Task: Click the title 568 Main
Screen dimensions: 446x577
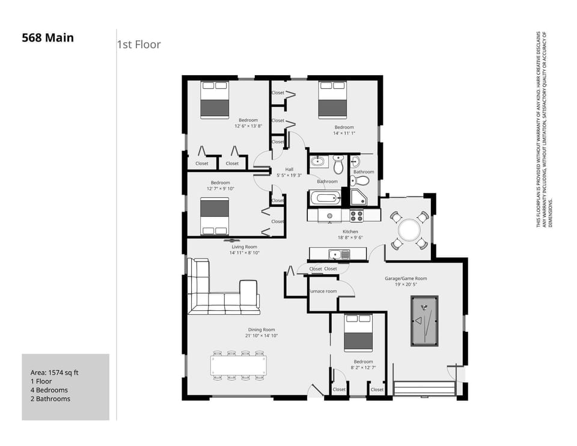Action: tap(47, 38)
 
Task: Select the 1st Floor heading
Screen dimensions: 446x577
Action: tap(139, 44)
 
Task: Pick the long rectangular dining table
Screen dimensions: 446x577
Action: tap(238, 365)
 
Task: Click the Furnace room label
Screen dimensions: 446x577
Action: tap(323, 292)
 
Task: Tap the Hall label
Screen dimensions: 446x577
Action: tap(289, 170)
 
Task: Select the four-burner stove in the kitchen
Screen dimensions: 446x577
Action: tap(357, 215)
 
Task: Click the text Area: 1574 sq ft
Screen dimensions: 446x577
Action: tap(55, 373)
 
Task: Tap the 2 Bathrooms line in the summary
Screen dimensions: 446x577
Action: tap(50, 399)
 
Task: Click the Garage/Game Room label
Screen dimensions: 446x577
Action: tap(406, 278)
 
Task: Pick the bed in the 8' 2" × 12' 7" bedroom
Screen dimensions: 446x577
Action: tap(358, 332)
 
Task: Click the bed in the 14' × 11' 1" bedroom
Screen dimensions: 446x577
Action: tap(332, 100)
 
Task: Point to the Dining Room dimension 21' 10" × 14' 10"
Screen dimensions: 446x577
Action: tap(261, 336)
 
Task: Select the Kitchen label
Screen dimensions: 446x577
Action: tap(350, 231)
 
